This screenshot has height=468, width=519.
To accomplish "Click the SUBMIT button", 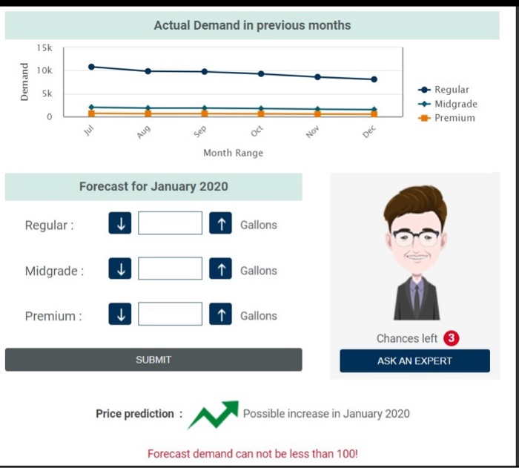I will point(153,360).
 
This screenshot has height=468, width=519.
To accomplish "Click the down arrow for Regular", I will point(119,223).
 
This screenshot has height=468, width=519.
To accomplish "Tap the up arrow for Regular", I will point(221,223).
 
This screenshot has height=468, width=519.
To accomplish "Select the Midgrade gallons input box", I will point(170,269).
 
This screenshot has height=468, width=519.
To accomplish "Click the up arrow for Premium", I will point(221,314).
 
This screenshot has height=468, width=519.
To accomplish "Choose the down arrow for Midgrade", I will point(119,269).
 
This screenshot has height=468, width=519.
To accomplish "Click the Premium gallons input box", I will point(170,314).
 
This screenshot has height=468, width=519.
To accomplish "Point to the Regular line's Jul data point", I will point(91,67).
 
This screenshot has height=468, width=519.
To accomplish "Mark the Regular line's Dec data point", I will point(374,79).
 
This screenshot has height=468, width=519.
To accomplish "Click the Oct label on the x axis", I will point(257,131).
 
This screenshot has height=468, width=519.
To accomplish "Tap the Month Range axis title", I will point(233,153).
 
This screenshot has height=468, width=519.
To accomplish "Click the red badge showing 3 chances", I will point(452,338).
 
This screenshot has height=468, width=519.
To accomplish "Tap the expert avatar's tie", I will point(417,297).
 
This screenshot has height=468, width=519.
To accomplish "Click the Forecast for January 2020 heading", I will point(153,186).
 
